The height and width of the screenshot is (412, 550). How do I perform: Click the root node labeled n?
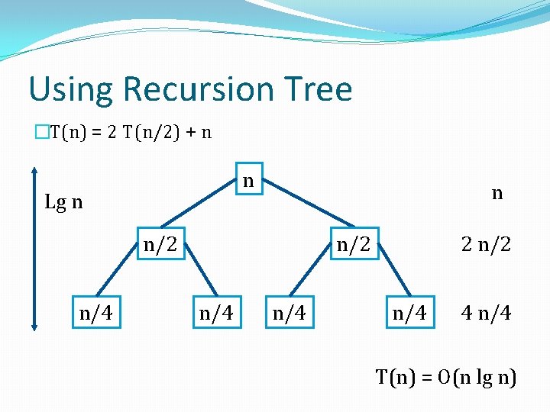point(248,182)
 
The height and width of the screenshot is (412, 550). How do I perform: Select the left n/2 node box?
point(160,245)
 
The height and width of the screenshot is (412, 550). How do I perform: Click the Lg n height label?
point(64,203)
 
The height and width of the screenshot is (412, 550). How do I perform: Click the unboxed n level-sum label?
point(497,193)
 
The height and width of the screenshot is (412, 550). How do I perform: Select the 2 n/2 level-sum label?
point(486,245)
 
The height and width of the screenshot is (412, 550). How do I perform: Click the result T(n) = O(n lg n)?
point(446,376)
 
